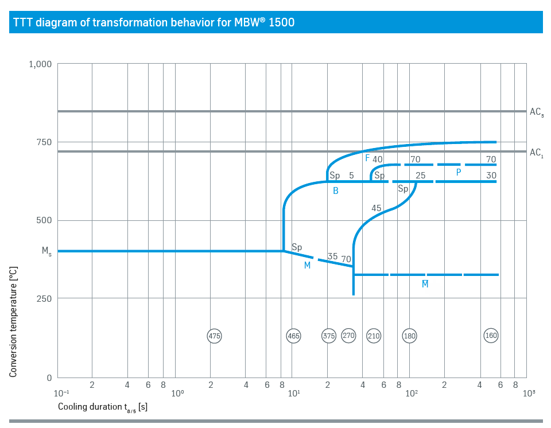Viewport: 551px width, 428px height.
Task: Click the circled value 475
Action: [214, 336]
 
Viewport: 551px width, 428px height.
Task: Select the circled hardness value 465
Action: [293, 336]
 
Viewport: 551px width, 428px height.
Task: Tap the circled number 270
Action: [349, 335]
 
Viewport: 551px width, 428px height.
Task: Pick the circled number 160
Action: [491, 335]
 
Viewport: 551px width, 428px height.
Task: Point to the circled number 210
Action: [374, 336]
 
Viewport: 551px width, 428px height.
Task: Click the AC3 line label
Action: [537, 113]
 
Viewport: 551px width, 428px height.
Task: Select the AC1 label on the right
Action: [537, 153]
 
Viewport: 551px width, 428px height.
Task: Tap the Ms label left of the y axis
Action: [46, 251]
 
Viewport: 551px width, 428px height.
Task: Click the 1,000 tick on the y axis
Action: [40, 64]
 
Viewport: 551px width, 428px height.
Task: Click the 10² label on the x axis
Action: [411, 394]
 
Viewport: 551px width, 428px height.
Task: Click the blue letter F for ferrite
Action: [367, 158]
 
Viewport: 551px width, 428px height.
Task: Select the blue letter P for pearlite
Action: [459, 172]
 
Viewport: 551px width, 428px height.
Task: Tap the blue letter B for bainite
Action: [336, 191]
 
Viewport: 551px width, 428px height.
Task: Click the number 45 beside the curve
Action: [376, 208]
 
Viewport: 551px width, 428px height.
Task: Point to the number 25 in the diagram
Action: [420, 176]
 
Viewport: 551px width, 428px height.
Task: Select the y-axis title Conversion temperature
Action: [13, 321]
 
